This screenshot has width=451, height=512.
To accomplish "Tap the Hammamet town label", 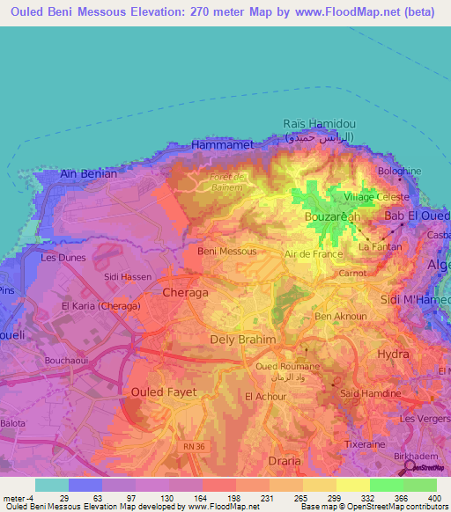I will coord(222,143).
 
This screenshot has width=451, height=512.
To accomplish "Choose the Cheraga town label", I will coord(186,291).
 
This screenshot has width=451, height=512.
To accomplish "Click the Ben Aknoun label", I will coord(336,317).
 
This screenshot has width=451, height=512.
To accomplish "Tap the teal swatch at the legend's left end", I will coord(52,484).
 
